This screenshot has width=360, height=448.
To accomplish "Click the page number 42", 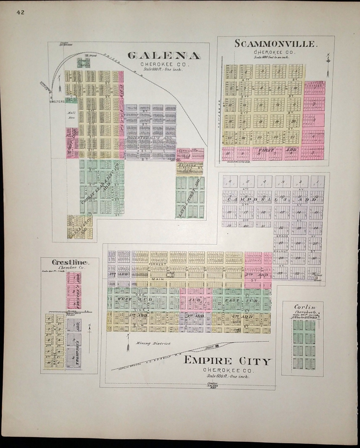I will tap(21, 12).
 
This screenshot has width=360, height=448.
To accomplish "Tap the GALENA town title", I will tap(164, 56).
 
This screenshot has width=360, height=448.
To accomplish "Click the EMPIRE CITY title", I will tap(227, 361).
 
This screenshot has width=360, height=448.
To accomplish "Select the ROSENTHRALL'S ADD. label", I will tap(147, 138).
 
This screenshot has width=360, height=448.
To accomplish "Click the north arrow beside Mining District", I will tap(128, 343).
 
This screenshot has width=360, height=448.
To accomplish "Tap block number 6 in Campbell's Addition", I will tap(230, 181).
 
